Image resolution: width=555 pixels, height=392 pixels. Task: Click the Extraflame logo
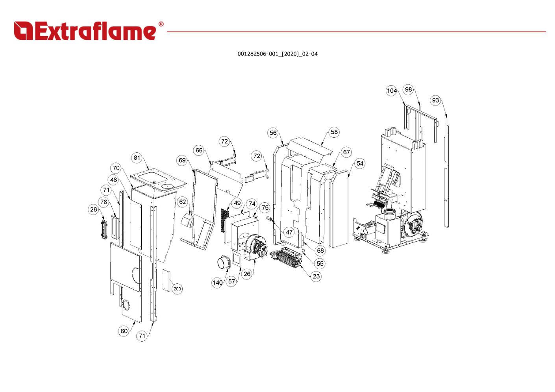pyautogui.click(x=85, y=31)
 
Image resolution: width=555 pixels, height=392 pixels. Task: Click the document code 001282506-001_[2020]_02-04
pyautogui.click(x=277, y=54)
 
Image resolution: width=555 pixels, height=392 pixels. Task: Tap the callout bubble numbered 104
pyautogui.click(x=392, y=91)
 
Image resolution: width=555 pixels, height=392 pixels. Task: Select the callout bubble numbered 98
pyautogui.click(x=409, y=89)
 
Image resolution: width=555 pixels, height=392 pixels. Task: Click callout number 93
pyautogui.click(x=435, y=100)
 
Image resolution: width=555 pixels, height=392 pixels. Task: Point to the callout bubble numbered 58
pyautogui.click(x=334, y=132)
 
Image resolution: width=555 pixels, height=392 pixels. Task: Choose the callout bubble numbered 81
pyautogui.click(x=137, y=158)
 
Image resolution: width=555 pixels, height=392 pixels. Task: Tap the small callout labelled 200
pyautogui.click(x=178, y=289)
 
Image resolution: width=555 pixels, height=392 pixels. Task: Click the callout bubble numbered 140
pyautogui.click(x=217, y=282)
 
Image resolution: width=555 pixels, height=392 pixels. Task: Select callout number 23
pyautogui.click(x=316, y=276)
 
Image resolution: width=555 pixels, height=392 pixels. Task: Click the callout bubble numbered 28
pyautogui.click(x=93, y=209)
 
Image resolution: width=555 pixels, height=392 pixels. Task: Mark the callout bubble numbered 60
pyautogui.click(x=124, y=331)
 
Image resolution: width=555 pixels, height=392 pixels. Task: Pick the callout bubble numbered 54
pyautogui.click(x=360, y=163)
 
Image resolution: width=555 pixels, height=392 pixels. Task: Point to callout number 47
pyautogui.click(x=289, y=232)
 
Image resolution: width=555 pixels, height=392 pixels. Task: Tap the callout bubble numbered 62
pyautogui.click(x=183, y=202)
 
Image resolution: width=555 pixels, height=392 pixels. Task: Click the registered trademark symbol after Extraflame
pyautogui.click(x=161, y=24)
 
